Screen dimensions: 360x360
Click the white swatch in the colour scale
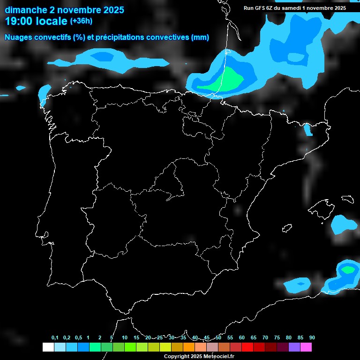pos(48,347)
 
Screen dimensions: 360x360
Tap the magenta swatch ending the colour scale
pos(306,347)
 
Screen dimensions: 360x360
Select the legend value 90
pos(312,338)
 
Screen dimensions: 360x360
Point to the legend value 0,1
pos(55,338)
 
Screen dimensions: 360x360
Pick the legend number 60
pos(242,338)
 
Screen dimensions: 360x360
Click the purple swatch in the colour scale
pos(294,347)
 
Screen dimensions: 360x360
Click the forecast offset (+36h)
pos(81,21)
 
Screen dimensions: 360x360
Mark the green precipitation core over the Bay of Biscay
pos(225,81)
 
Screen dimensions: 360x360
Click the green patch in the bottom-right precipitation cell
pos(348,270)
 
